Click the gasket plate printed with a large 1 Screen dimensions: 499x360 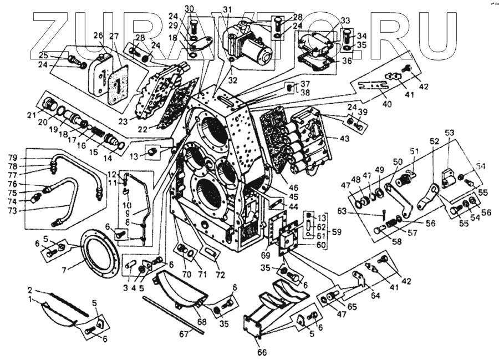tap(118, 84)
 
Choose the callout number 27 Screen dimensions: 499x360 tap(114, 36)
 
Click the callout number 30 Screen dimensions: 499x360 tap(189, 8)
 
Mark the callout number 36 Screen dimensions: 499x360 tap(346, 61)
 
